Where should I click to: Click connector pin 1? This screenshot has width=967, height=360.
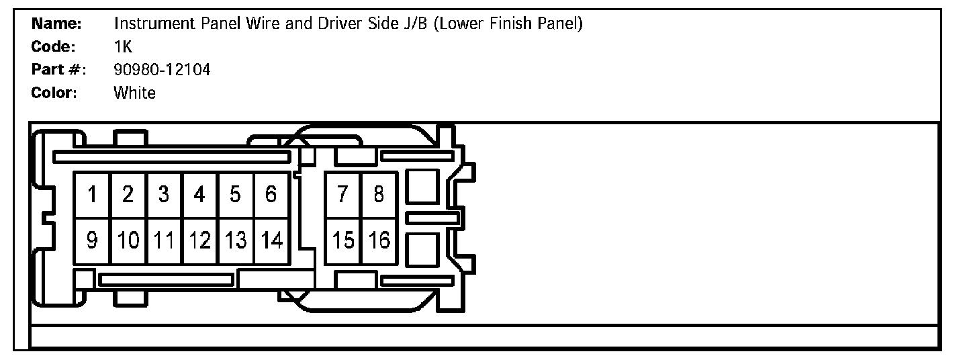93,195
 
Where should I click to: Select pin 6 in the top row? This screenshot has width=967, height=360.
271,195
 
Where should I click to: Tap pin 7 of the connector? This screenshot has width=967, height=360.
343,195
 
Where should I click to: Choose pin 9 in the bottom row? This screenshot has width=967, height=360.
93,240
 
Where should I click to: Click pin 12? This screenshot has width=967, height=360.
199,240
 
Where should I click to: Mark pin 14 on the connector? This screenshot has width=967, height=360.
271,240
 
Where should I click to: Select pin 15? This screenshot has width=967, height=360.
343,240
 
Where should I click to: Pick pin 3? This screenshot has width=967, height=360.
164,195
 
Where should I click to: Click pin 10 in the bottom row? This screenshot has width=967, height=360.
128,240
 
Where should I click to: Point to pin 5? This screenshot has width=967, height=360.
235,195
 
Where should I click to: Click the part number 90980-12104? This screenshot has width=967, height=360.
162,69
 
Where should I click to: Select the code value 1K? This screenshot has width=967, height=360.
124,47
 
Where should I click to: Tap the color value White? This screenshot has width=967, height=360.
134,93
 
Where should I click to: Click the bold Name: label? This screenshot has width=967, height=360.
56,24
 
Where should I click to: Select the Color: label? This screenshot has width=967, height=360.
54,93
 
